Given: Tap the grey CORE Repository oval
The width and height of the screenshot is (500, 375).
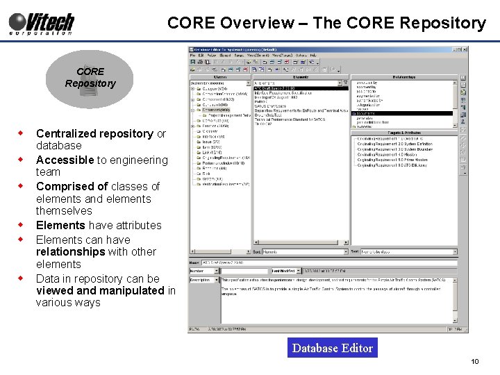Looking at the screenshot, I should pos(90,77).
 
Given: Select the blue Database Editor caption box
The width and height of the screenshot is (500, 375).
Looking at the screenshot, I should pos(333,348).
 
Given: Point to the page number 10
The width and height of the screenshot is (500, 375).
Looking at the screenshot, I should pos(475,362).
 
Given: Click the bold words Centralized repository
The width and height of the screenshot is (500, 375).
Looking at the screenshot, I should pos(94,133).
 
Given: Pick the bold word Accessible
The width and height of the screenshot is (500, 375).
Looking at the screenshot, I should pos(65,160).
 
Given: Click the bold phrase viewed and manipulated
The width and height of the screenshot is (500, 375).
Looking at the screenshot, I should pos(100,290).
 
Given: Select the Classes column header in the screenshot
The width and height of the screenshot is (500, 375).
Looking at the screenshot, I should pos(220,77).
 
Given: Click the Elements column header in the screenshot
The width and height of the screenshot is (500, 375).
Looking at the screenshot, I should pos(300,77).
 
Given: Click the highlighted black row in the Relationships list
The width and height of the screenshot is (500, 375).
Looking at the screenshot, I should pos(403,113).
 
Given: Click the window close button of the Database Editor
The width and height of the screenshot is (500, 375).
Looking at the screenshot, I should pos(464,49).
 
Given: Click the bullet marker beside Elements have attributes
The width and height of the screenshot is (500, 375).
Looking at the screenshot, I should pos(22,225).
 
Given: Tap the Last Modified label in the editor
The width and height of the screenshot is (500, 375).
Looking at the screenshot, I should pos(285,270).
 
